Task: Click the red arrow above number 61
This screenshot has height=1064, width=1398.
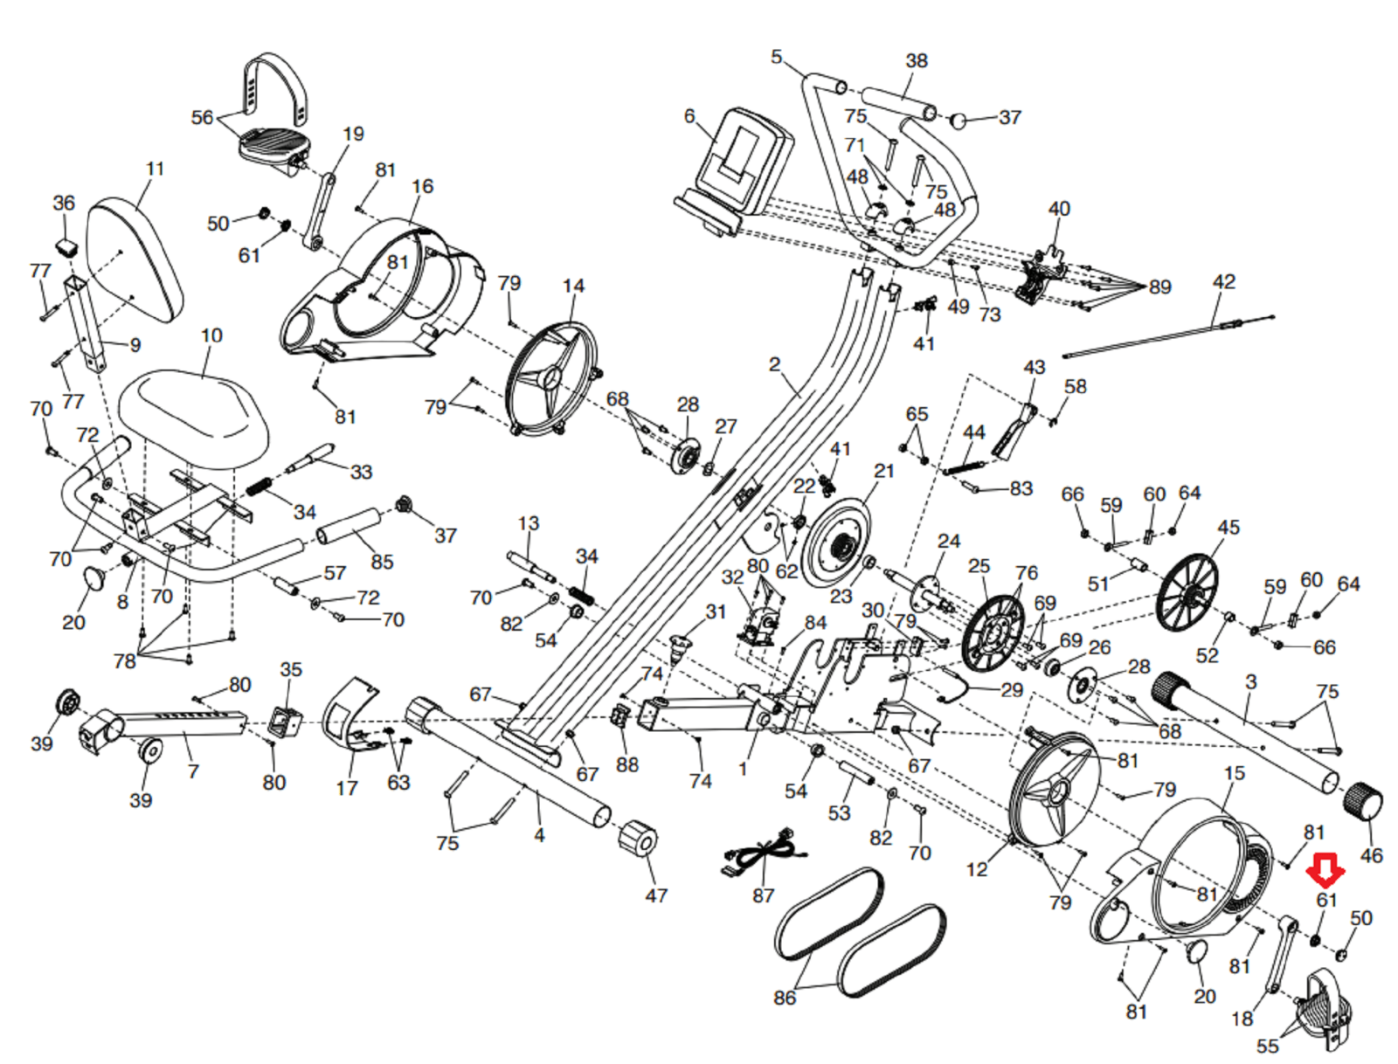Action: (x=1326, y=869)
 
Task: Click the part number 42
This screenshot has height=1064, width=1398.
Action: (x=1224, y=281)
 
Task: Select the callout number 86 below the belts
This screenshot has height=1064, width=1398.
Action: (x=785, y=997)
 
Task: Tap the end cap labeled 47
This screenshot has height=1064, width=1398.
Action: (x=639, y=840)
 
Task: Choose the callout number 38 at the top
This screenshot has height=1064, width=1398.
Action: (x=917, y=61)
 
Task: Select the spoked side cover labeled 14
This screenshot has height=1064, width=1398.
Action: (x=552, y=377)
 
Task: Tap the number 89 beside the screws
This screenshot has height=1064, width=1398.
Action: (x=1159, y=287)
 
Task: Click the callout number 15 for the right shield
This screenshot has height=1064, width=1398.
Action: (x=1234, y=773)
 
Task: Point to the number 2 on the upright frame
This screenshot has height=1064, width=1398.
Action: (x=774, y=364)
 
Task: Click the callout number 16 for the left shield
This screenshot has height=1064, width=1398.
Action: (x=423, y=186)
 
